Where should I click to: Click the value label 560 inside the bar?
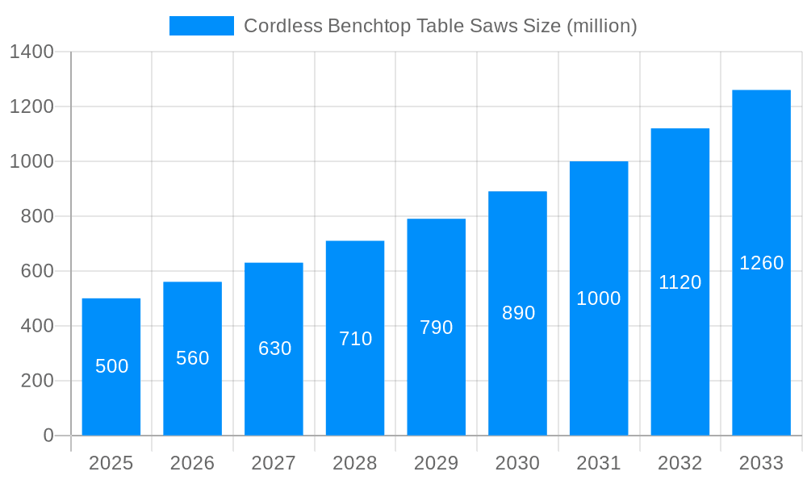pos(193,358)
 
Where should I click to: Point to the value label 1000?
pos(599,298)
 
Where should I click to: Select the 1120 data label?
pos(680,282)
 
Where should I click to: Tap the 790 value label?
pos(437,328)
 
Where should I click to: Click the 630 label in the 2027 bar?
pos(274,348)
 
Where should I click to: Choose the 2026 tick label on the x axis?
pos(193,463)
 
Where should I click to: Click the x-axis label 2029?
pos(437,463)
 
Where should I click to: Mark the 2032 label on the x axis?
pos(680,463)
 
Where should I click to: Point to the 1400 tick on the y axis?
pos(31,52)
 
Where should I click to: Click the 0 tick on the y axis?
pos(48,436)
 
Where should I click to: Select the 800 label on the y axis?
pos(36,216)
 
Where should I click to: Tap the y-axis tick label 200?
pos(36,381)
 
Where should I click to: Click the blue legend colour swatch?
pos(202,26)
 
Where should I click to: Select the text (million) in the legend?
pos(602,26)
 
